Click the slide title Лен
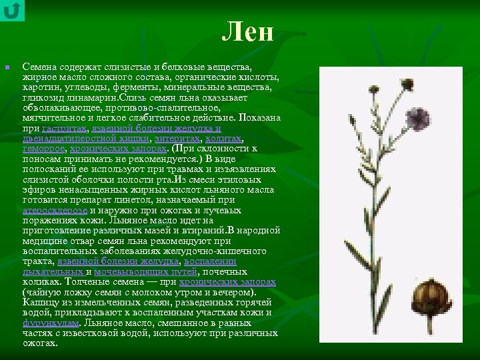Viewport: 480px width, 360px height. pos(248,31)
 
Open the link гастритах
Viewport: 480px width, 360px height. pos(63,128)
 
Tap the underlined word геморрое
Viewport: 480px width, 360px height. pos(43,149)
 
